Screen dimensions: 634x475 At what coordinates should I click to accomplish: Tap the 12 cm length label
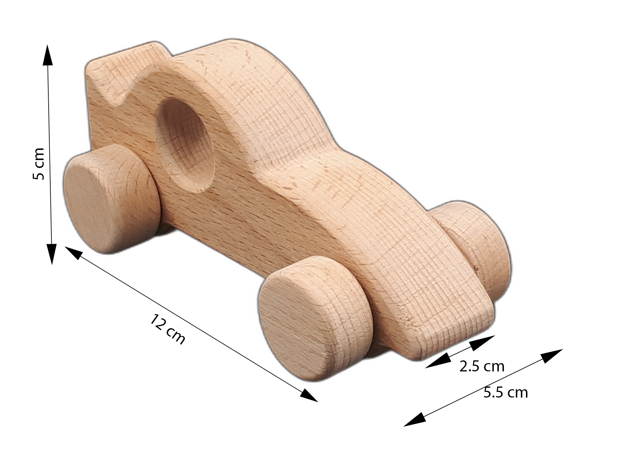point(167,329)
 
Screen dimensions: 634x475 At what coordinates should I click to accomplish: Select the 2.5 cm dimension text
point(482,366)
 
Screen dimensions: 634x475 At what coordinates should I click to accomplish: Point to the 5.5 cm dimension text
point(506,392)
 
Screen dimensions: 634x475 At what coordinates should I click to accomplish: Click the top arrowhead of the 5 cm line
point(48,54)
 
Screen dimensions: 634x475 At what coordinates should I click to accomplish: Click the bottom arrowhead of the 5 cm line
point(52,254)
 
